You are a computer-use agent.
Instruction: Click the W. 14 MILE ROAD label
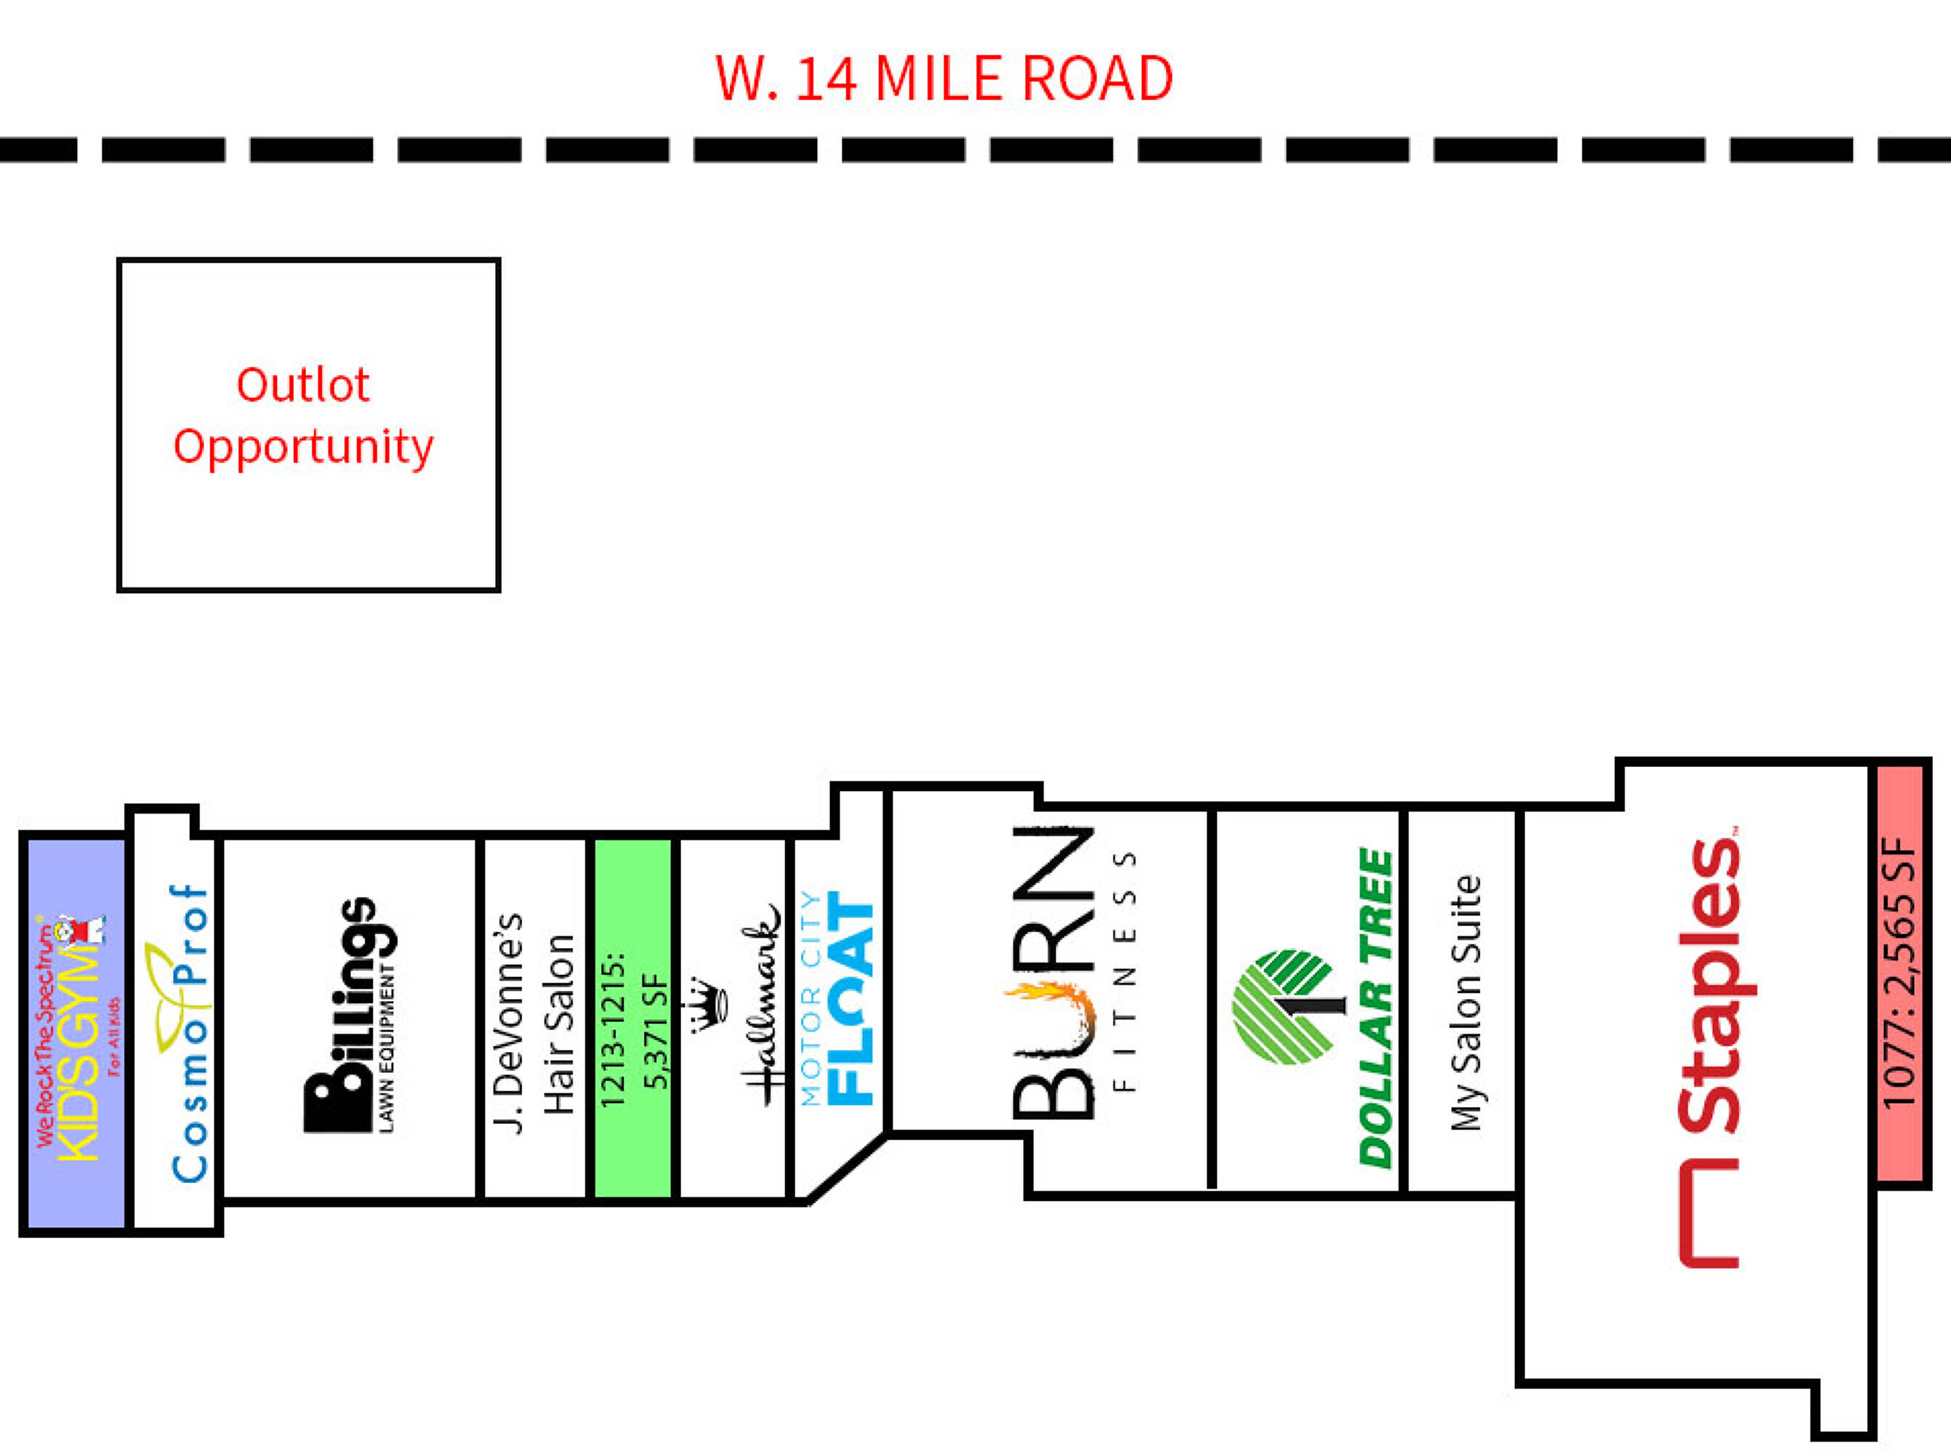coord(944,79)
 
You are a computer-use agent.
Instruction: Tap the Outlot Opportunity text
coord(304,415)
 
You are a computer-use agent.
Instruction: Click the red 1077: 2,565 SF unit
coord(1902,973)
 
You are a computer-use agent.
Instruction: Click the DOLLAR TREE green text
coord(1376,1008)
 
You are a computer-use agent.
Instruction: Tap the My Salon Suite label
coord(1465,1003)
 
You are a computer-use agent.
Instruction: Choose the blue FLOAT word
coord(852,1000)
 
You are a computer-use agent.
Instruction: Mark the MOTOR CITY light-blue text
coord(810,999)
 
